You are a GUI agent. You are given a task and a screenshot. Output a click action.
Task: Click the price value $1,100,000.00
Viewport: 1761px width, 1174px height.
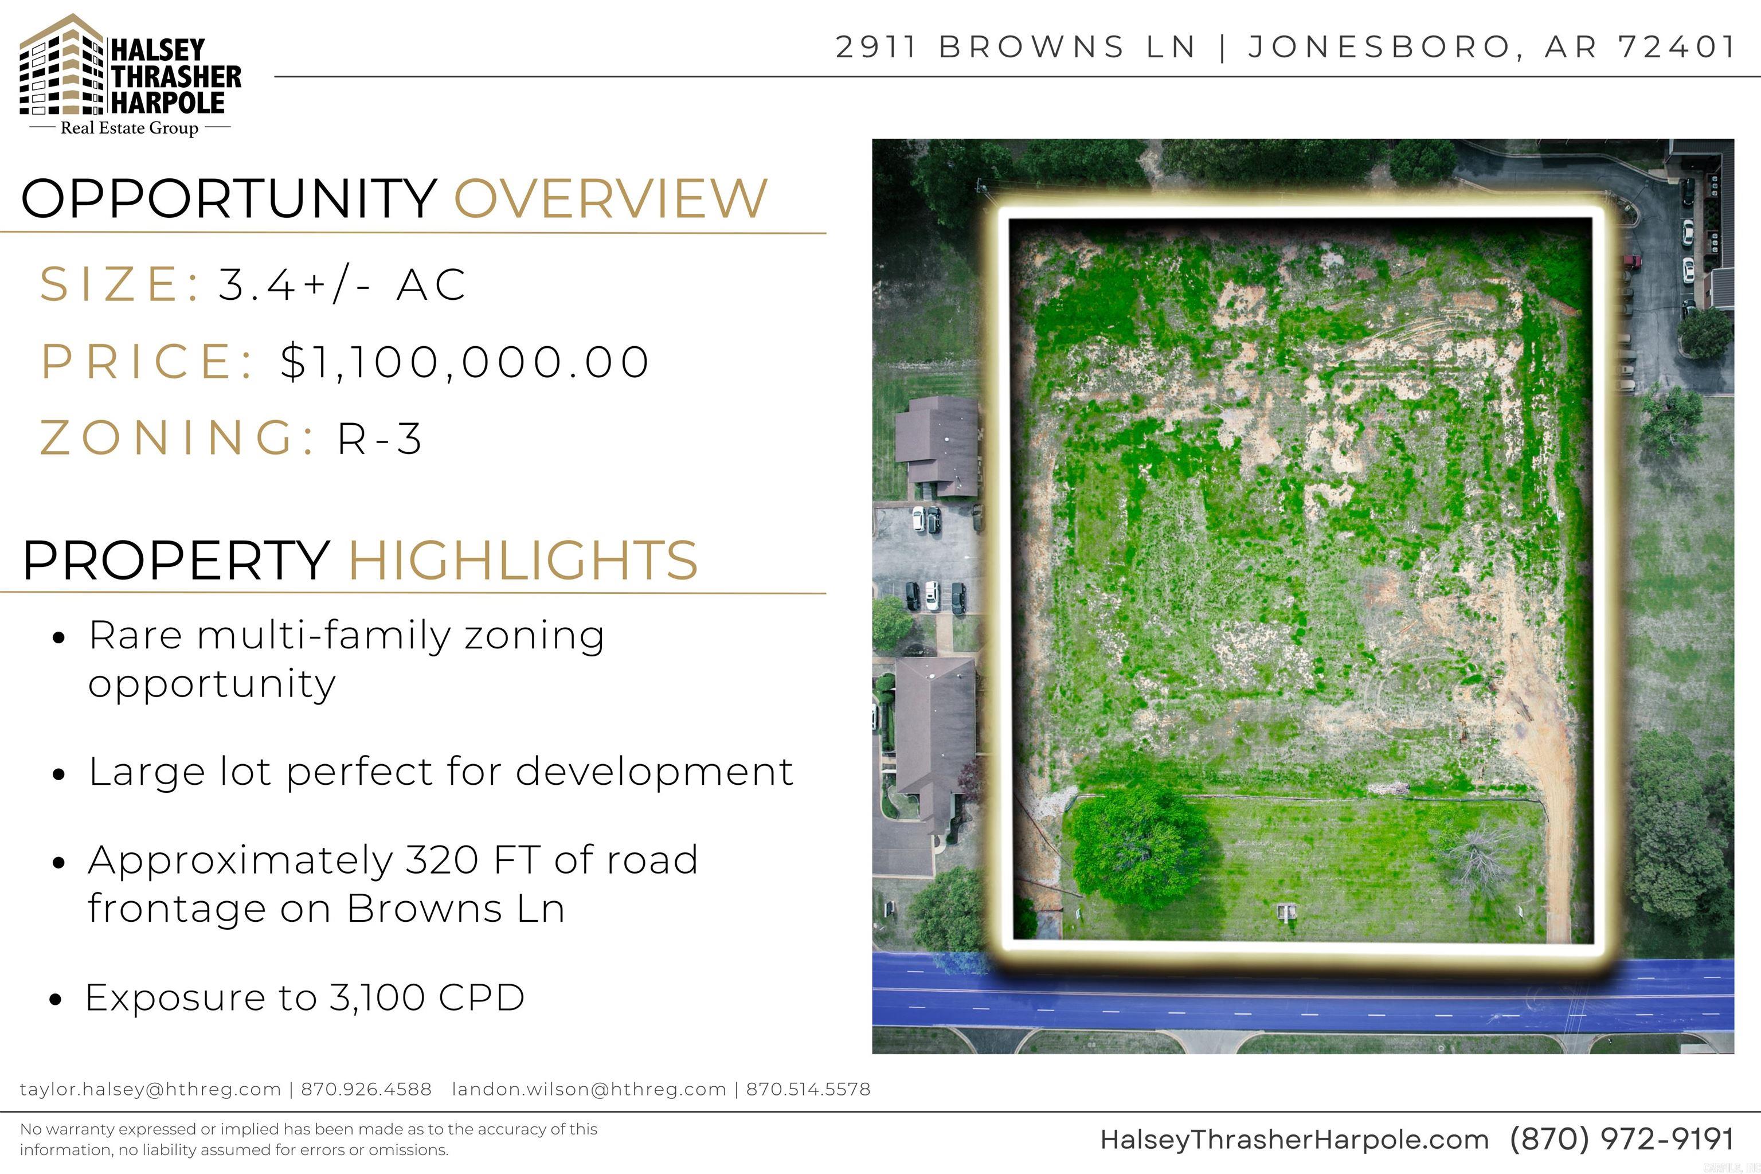(x=464, y=362)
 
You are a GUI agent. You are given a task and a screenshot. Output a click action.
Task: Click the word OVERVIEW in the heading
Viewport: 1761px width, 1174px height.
(x=610, y=198)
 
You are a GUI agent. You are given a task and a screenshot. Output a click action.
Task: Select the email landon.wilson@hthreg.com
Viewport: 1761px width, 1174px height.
(x=589, y=1089)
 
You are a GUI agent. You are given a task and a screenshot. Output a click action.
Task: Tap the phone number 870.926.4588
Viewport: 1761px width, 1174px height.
(x=366, y=1089)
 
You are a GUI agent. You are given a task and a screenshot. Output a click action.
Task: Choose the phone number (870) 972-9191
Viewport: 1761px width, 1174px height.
(x=1621, y=1140)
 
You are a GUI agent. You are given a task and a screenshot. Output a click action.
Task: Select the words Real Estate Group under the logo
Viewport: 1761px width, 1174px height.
(x=130, y=128)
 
